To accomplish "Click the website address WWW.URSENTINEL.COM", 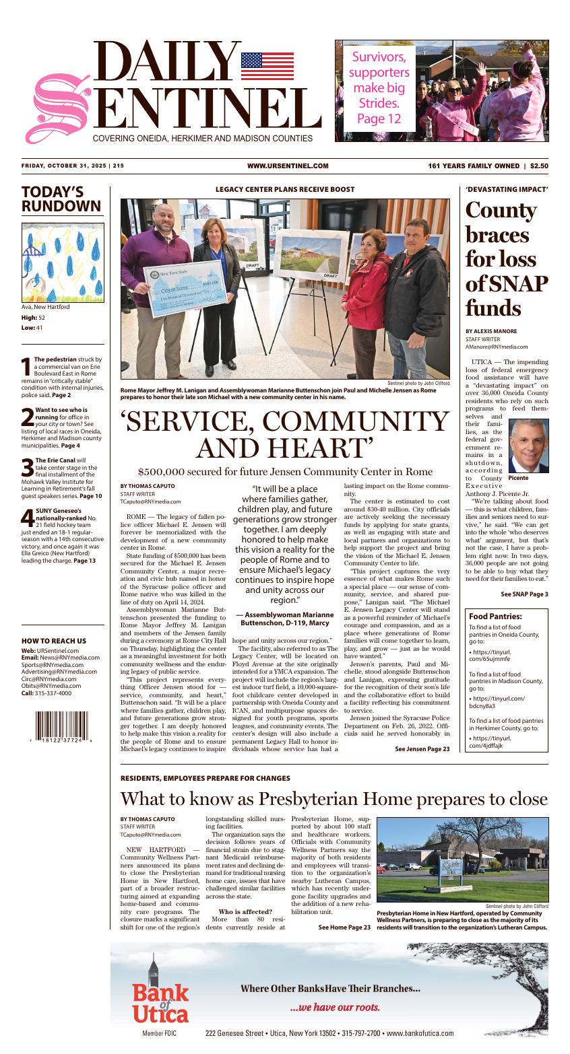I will (288, 166).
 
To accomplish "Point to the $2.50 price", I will (539, 166).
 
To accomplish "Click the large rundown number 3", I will (27, 466).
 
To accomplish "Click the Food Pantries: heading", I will (495, 616).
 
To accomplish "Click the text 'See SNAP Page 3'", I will (524, 594).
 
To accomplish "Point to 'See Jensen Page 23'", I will (422, 748).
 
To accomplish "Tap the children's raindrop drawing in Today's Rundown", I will (63, 262).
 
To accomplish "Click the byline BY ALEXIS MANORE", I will (491, 331).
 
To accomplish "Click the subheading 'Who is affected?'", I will (244, 911).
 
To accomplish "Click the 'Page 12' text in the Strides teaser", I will (379, 119).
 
